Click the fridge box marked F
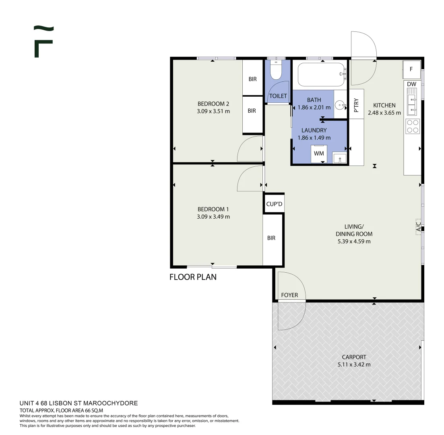[411, 69]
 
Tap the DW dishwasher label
[411, 84]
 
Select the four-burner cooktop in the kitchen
[413, 126]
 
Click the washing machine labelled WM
[319, 153]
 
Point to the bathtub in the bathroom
[321, 75]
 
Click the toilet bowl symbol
[275, 70]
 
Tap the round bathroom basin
[341, 106]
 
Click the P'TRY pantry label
[357, 105]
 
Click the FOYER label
[289, 295]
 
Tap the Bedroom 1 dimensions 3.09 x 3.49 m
[213, 217]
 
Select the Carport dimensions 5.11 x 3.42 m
[354, 365]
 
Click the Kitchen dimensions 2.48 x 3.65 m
[384, 113]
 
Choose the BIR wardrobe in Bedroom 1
[273, 240]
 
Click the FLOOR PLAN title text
[193, 277]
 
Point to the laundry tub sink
[339, 158]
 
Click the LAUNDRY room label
[314, 130]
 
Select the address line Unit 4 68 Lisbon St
[79, 403]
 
